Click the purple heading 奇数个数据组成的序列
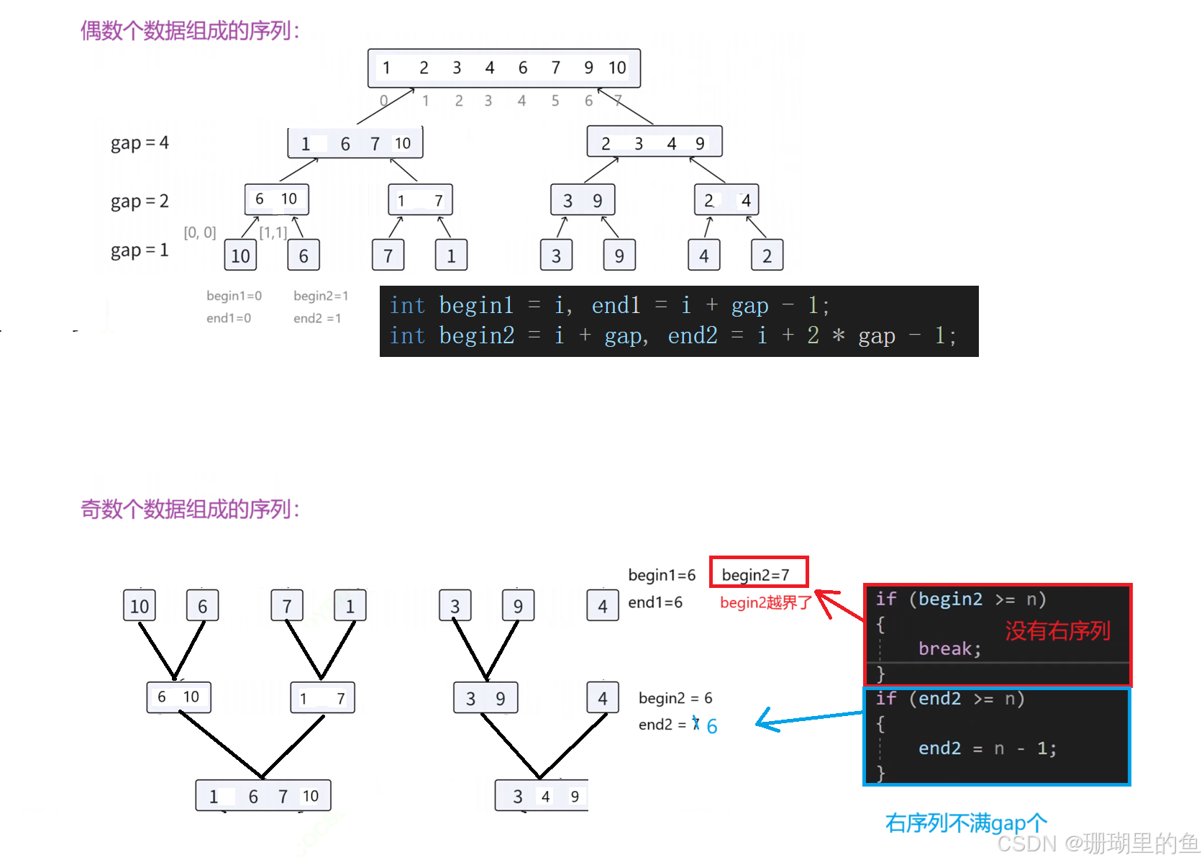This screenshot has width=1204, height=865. tap(188, 509)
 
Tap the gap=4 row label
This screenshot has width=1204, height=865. tap(140, 144)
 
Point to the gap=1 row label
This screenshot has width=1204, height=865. tap(140, 250)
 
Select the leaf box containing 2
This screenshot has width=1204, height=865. tap(767, 255)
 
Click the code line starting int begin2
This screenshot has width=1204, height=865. tap(672, 335)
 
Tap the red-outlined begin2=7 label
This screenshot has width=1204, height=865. tap(758, 574)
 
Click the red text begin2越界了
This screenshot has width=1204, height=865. tap(765, 602)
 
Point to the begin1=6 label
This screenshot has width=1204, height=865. tap(662, 575)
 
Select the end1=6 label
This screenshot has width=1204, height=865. tap(656, 602)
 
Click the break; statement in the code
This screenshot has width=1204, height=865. tap(949, 649)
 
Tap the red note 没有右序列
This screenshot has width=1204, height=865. tap(1057, 631)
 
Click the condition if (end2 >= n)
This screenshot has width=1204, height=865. tap(949, 699)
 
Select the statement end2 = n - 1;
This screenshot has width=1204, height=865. tap(987, 748)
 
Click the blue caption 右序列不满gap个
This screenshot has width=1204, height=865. tap(965, 822)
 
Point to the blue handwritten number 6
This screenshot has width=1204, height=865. tap(712, 726)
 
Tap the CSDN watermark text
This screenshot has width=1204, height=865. tap(1096, 842)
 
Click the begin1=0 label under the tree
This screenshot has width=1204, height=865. tap(234, 295)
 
